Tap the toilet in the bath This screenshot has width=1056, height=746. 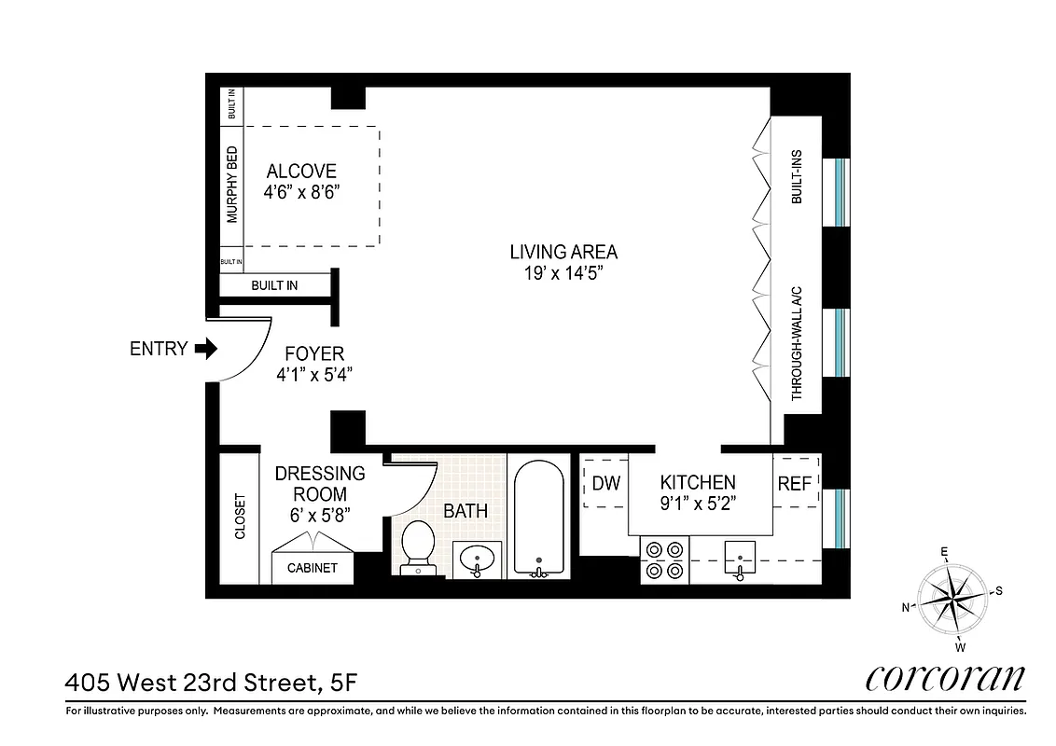coord(416,546)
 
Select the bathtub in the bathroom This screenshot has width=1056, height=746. coord(538,517)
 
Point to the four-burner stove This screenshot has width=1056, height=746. coord(663,559)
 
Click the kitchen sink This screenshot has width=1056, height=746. coord(740,560)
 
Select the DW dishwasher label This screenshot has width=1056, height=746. coord(606,483)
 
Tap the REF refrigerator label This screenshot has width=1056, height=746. coord(795,483)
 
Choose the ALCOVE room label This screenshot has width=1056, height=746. coord(301,172)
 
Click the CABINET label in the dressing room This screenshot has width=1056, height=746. coord(312,568)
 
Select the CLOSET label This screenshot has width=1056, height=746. coord(240,516)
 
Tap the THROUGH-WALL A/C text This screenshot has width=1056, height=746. coord(798,342)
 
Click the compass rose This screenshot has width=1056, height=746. coord(952,596)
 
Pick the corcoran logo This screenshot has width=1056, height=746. coord(945,679)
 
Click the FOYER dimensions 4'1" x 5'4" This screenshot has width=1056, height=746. coord(314,375)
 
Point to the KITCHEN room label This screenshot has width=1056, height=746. coord(698,482)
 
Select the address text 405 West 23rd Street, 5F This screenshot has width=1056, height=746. coord(210,684)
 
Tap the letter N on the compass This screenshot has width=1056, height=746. coord(905,607)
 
